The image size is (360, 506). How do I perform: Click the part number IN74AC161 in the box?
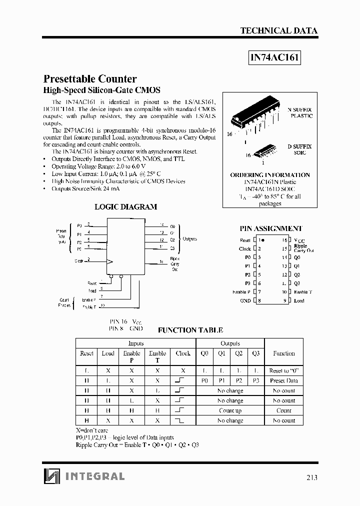pyautogui.click(x=274, y=57)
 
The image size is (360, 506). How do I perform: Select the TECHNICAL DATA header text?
pyautogui.click(x=278, y=30)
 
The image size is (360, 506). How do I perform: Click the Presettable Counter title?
pyautogui.click(x=90, y=79)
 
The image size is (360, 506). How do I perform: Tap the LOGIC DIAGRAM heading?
pyautogui.click(x=125, y=206)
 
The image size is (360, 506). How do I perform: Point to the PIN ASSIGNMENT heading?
pyautogui.click(x=271, y=228)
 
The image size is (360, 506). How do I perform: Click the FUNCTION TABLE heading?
pyautogui.click(x=190, y=330)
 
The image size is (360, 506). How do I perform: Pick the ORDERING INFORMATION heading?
pyautogui.click(x=270, y=175)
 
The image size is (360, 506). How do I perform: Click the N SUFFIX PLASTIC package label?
pyautogui.click(x=299, y=112)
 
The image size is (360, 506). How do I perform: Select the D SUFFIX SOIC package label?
pyautogui.click(x=299, y=149)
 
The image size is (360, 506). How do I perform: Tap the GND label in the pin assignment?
pyautogui.click(x=245, y=301)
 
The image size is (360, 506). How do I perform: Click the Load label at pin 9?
pyautogui.click(x=299, y=301)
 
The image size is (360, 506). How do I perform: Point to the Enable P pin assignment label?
pyautogui.click(x=241, y=292)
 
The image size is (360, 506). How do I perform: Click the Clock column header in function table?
pyautogui.click(x=183, y=353)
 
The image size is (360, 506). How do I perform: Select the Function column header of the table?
pyautogui.click(x=284, y=353)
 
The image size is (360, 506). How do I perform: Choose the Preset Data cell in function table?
pyautogui.click(x=284, y=380)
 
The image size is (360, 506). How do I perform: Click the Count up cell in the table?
pyautogui.click(x=230, y=410)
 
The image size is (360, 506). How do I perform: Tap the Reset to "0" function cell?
pyautogui.click(x=284, y=371)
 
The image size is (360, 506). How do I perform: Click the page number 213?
pyautogui.click(x=310, y=477)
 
